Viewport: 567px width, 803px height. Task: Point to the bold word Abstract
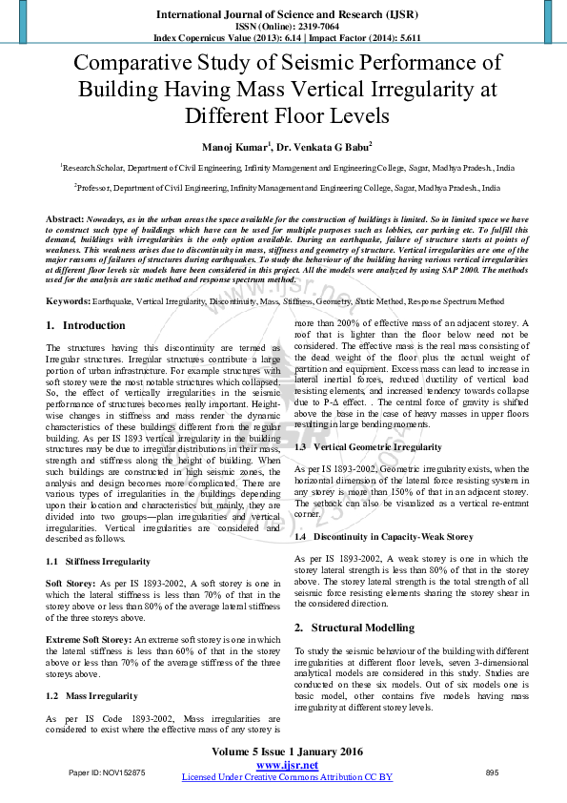pyautogui.click(x=65, y=219)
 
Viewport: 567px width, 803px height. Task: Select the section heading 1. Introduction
pyautogui.click(x=86, y=325)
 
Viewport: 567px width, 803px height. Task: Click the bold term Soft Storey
pyautogui.click(x=69, y=582)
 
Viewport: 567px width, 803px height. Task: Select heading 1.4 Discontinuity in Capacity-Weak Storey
pyautogui.click(x=384, y=538)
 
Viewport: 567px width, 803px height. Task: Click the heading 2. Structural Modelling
pyautogui.click(x=354, y=628)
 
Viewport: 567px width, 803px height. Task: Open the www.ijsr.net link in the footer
pyautogui.click(x=287, y=766)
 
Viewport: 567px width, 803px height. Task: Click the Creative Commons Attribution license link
pyautogui.click(x=287, y=777)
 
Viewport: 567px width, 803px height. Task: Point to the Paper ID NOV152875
pyautogui.click(x=107, y=772)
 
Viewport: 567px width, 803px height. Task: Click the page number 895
pyautogui.click(x=492, y=772)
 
